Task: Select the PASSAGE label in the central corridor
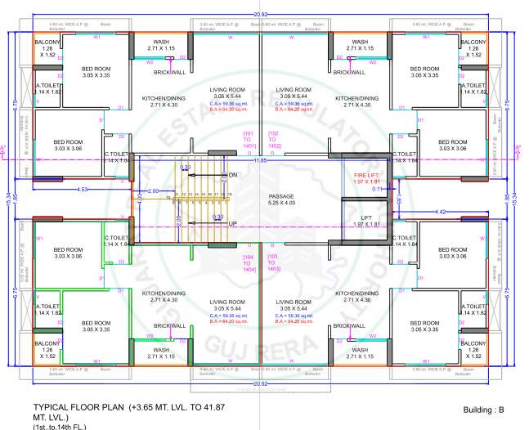pos(280,196)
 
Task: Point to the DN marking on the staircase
pos(232,175)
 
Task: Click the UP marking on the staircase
pos(232,223)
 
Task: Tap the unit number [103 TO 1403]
pos(274,262)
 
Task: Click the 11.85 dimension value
pos(259,160)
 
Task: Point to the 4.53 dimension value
pos(83,190)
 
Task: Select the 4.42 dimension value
pos(442,212)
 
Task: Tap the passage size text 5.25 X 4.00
pos(280,203)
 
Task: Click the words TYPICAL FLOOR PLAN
pos(78,406)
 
